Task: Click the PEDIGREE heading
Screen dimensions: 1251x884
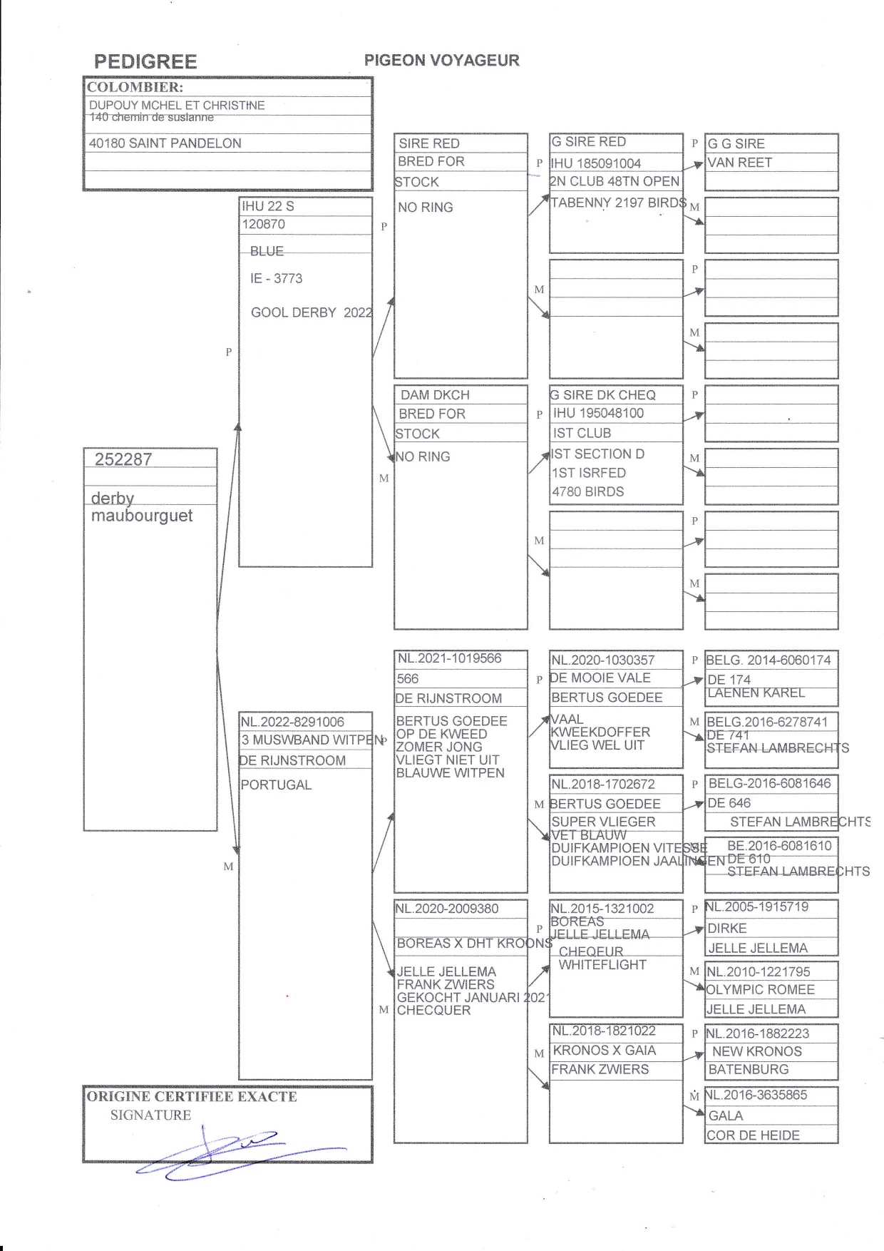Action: pos(145,61)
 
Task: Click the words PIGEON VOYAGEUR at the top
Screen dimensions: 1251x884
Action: pos(441,61)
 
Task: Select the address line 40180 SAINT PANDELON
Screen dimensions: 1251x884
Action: pos(165,143)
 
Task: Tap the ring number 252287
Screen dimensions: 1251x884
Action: pos(123,459)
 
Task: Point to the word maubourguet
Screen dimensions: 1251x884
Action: pos(141,516)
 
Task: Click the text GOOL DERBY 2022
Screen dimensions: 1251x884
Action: pos(311,312)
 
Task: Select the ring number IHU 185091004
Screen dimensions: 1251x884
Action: pos(596,163)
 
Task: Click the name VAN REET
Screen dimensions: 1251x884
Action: pos(739,163)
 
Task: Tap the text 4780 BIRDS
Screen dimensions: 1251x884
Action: pos(587,491)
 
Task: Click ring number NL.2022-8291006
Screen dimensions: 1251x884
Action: pos(292,722)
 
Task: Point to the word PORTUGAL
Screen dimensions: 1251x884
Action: pos(276,785)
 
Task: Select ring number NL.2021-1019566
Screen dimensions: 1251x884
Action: pos(450,658)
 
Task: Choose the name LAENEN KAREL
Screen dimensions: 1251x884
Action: pos(756,693)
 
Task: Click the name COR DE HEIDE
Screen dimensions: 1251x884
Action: pos(753,1135)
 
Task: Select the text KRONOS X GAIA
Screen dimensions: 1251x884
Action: pos(604,1051)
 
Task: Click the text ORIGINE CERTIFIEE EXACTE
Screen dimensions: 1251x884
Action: pos(191,1097)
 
